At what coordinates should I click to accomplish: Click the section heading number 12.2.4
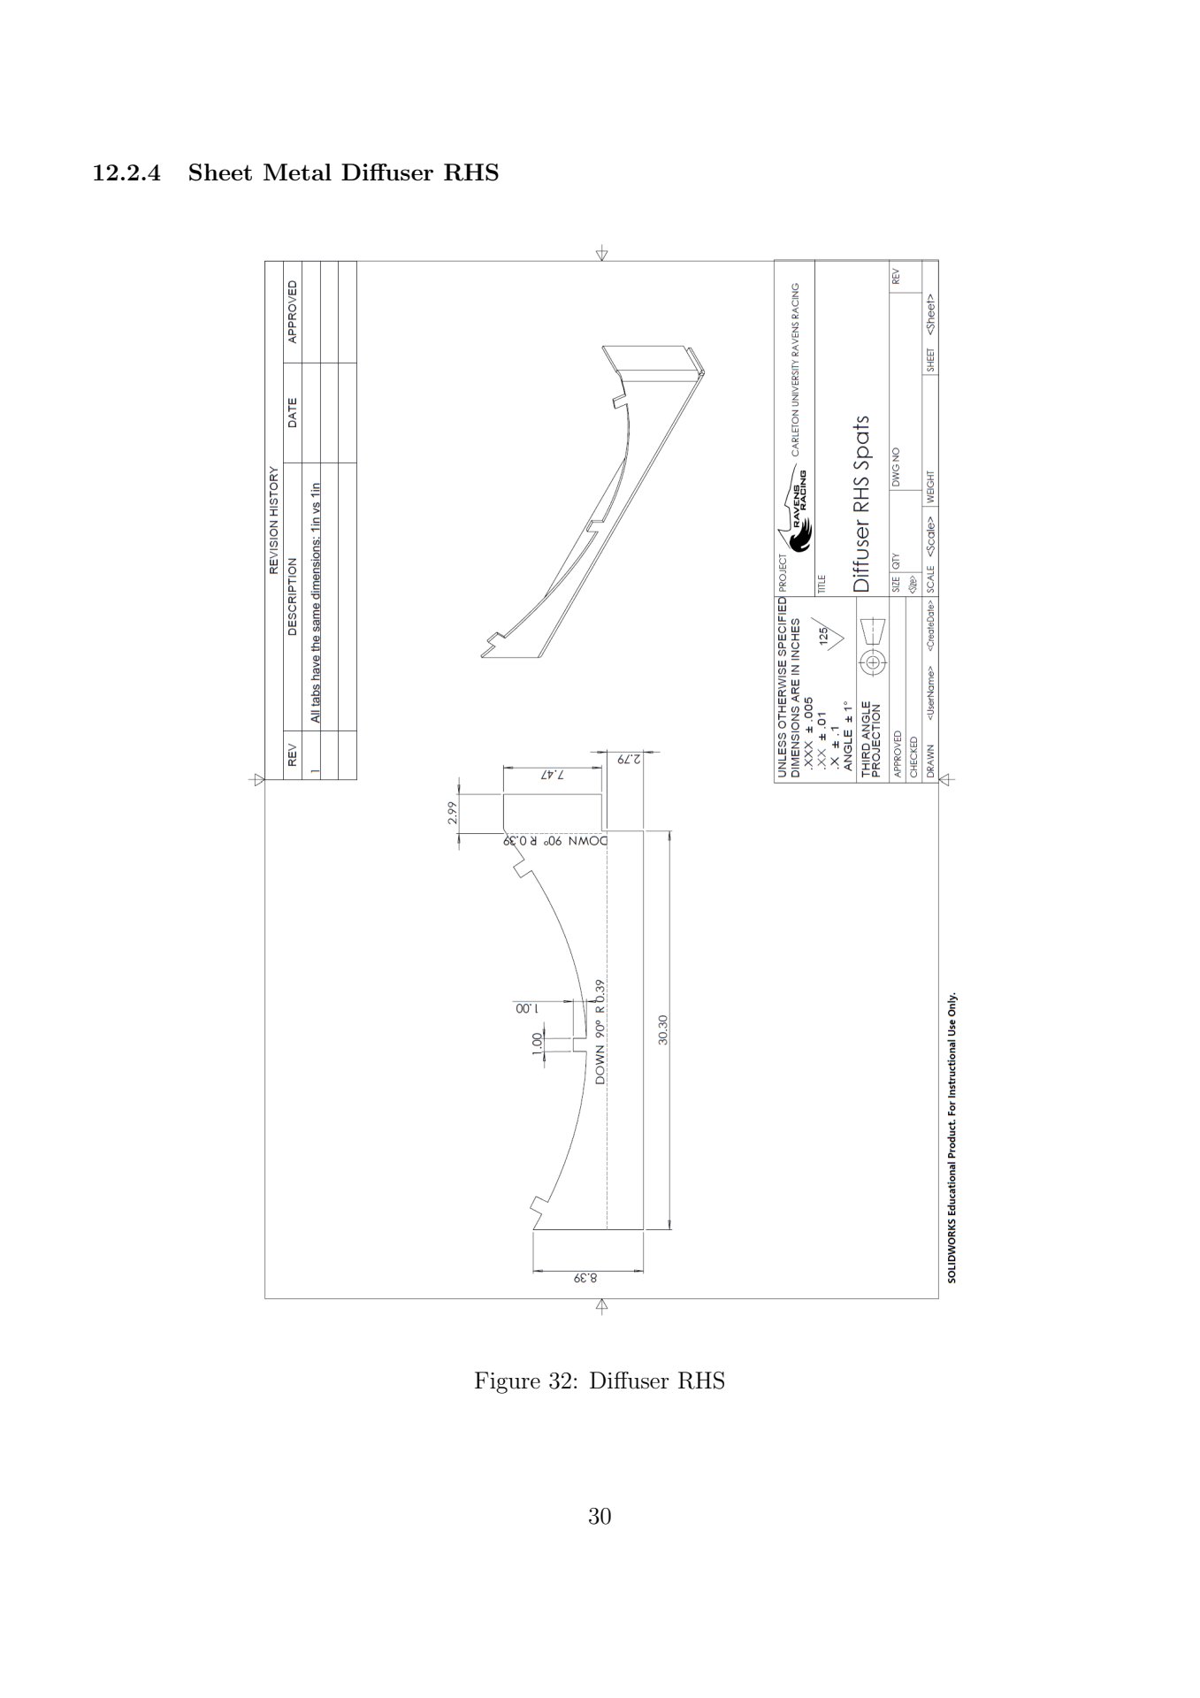tap(127, 173)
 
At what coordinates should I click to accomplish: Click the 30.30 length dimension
tap(663, 1029)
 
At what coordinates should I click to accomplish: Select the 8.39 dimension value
tap(586, 1279)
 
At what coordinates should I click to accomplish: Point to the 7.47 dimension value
tap(552, 774)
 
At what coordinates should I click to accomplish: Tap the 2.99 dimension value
tap(452, 813)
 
